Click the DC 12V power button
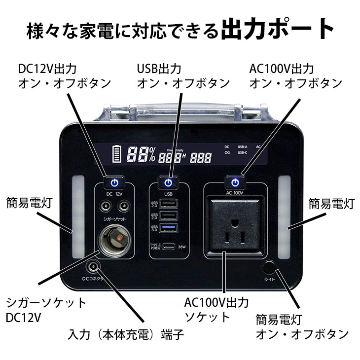(114, 182)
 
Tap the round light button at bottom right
(269, 268)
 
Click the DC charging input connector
(92, 268)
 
